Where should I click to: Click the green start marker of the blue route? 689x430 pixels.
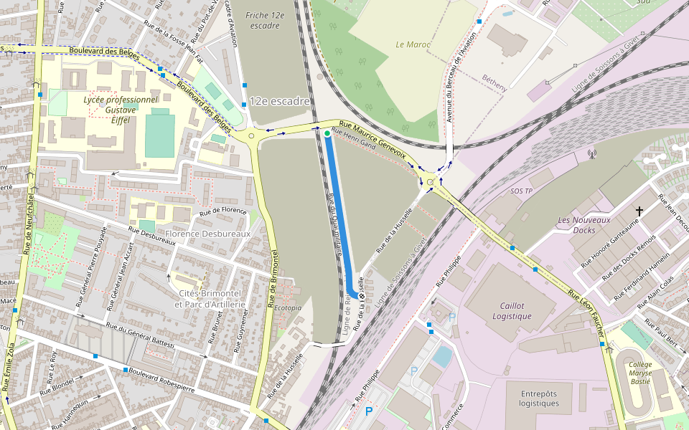click(327, 133)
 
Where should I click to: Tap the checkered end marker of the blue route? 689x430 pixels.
click(362, 295)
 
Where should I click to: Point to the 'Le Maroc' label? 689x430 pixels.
click(413, 44)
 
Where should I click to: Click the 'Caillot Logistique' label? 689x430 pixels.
click(512, 310)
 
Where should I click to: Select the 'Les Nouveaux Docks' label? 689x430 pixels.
click(579, 225)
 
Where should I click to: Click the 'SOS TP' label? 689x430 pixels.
click(522, 191)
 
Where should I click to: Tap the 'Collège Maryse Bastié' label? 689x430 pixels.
click(644, 373)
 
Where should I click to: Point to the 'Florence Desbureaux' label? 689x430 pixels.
click(207, 234)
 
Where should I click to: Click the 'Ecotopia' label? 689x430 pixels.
click(287, 308)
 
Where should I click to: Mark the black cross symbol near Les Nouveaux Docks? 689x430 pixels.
click(639, 211)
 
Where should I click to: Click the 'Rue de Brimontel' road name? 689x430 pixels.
click(273, 280)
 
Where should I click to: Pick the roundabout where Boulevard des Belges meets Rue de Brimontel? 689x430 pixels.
click(251, 135)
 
